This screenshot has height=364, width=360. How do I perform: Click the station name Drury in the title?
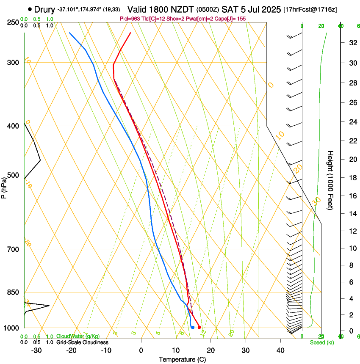44,9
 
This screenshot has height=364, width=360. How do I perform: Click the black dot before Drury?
30,9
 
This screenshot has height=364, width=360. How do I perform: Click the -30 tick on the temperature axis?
36,350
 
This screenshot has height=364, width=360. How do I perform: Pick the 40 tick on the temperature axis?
280,350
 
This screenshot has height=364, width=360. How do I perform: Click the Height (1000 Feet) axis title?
331,180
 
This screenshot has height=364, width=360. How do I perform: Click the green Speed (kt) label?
321,342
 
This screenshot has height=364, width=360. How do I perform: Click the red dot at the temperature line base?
199,327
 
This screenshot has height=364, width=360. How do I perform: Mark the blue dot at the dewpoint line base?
193,327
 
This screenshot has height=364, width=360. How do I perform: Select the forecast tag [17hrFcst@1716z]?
310,10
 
